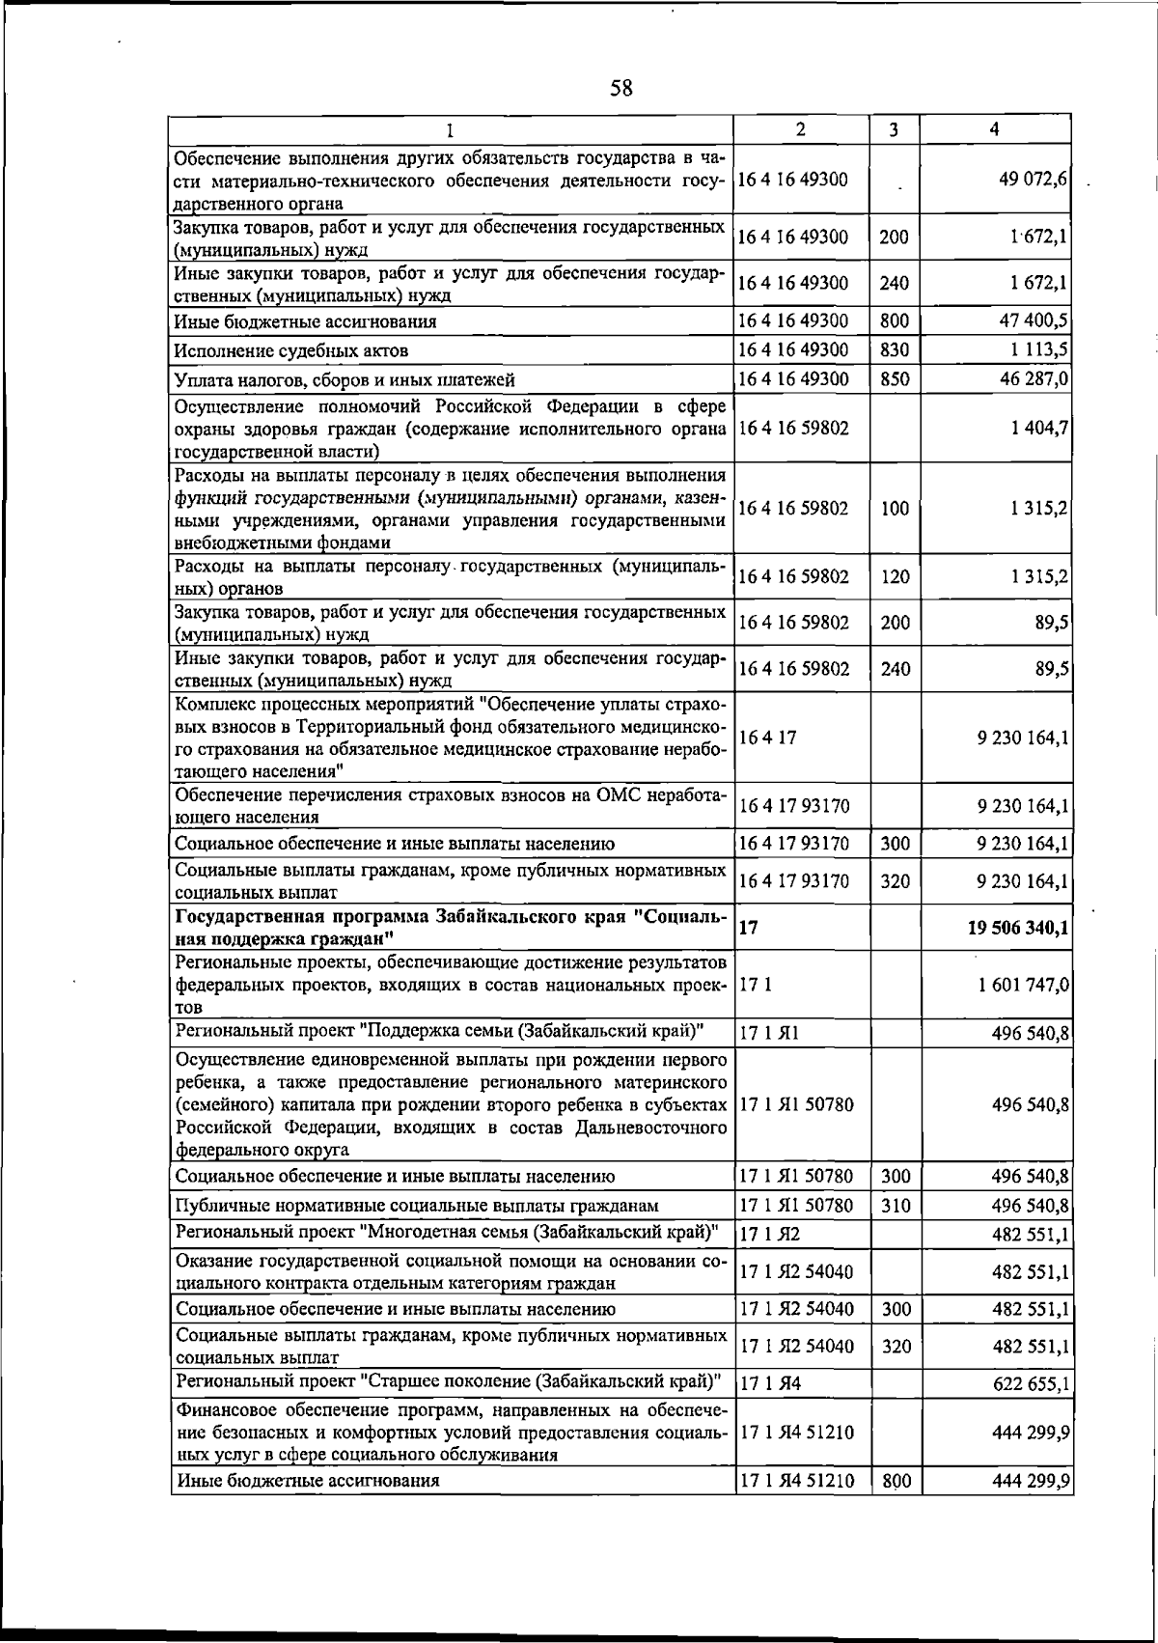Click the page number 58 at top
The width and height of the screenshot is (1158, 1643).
pos(621,89)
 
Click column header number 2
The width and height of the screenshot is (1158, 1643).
pos(801,129)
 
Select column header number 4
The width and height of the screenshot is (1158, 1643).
pos(994,129)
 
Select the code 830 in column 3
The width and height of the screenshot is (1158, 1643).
pos(895,349)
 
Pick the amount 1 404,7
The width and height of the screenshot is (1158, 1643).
pos(1038,427)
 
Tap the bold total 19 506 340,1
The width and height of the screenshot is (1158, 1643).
pos(1017,928)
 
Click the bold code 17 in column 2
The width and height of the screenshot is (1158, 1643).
pos(749,927)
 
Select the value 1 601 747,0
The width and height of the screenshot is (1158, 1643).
pos(1023,985)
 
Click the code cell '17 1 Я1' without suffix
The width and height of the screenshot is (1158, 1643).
pos(769,1033)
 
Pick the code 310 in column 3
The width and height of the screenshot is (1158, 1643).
pos(896,1205)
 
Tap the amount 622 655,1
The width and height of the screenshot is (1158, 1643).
pos(1031,1384)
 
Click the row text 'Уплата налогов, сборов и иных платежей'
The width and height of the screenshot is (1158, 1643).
pos(345,379)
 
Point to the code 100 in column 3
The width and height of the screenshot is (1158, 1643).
pos(895,509)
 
